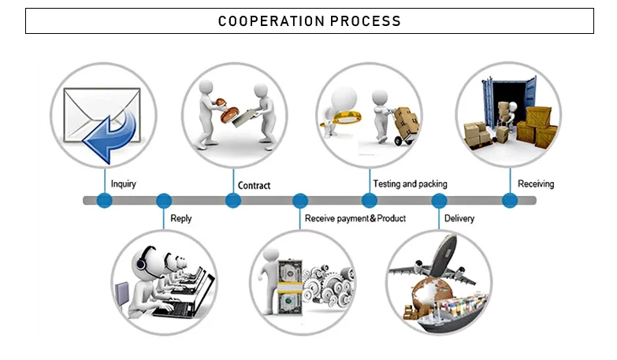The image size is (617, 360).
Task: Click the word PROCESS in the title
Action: pyautogui.click(x=366, y=20)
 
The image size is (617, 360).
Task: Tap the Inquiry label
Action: pyautogui.click(x=123, y=184)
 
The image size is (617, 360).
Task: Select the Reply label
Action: pyautogui.click(x=180, y=218)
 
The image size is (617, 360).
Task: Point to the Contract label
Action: pyautogui.click(x=254, y=186)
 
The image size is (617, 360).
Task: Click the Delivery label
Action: pyautogui.click(x=459, y=218)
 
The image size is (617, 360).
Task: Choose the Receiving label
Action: pyautogui.click(x=536, y=184)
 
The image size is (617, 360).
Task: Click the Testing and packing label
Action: pyautogui.click(x=410, y=184)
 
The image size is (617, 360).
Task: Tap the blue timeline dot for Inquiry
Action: pyautogui.click(x=105, y=201)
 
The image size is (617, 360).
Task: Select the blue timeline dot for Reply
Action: pyautogui.click(x=164, y=201)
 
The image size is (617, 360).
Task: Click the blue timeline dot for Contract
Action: pyautogui.click(x=233, y=201)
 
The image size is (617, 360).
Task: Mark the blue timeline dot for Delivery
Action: pyautogui.click(x=439, y=201)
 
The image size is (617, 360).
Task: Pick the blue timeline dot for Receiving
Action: pyautogui.click(x=510, y=201)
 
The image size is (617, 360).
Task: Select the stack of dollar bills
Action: pyautogui.click(x=290, y=287)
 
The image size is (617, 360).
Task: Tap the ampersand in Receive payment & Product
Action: pyautogui.click(x=373, y=218)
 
